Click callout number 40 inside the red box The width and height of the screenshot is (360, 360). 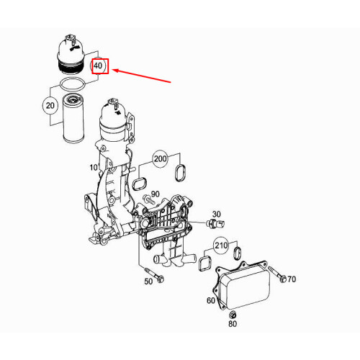click(x=98, y=66)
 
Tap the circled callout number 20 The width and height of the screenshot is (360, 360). click(x=50, y=106)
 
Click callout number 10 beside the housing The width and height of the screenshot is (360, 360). click(x=94, y=168)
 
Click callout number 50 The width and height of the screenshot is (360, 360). click(x=148, y=282)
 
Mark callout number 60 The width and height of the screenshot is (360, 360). click(x=211, y=300)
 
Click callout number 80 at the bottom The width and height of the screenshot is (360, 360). click(x=232, y=325)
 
